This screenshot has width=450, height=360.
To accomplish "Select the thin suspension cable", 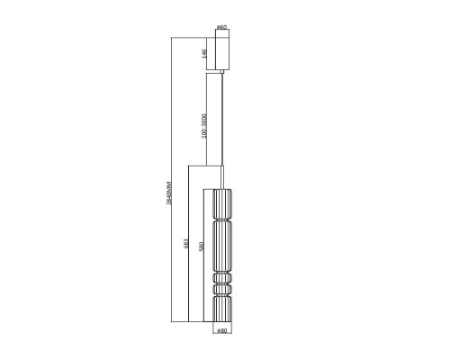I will click(x=222, y=126).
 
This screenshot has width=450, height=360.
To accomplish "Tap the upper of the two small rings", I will click(x=222, y=280).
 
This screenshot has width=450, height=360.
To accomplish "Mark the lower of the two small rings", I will click(x=222, y=290).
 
